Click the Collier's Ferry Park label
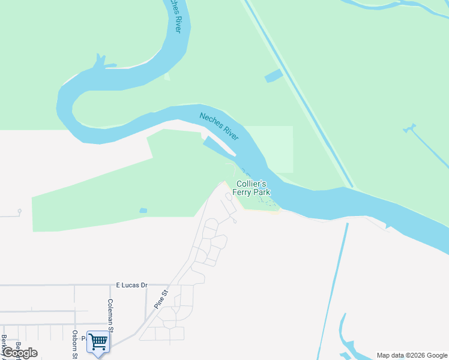tap(253, 188)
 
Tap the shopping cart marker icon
tap(98, 342)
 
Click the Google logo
tap(19, 353)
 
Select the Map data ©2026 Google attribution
tap(412, 355)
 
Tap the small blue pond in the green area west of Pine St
tap(143, 211)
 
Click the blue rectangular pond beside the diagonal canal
tap(274, 76)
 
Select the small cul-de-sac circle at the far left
tap(19, 211)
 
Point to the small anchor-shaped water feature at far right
tap(410, 128)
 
